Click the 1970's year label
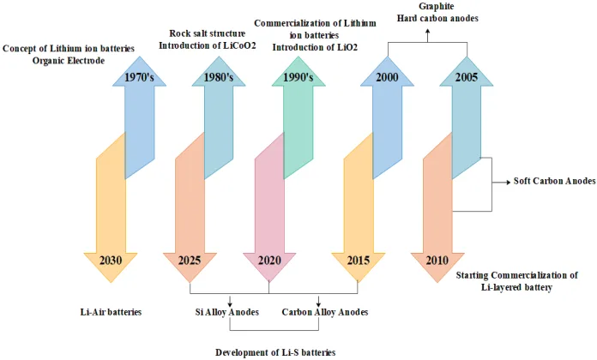tap(138, 77)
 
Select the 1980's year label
tap(217, 77)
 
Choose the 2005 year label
tap(466, 77)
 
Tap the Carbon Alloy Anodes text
tap(323, 312)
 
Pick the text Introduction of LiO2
tap(316, 48)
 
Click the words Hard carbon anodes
tap(437, 18)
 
